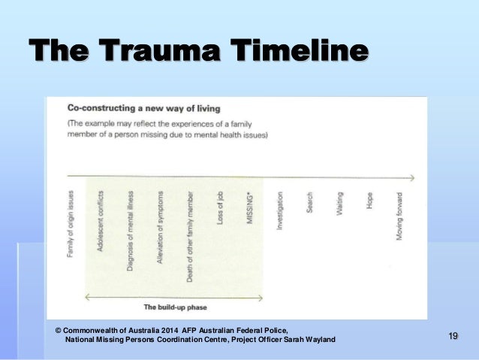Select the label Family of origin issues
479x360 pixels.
click(x=71, y=223)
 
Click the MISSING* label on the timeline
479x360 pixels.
click(x=250, y=206)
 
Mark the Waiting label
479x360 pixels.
click(x=339, y=204)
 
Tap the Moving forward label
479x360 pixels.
click(x=399, y=216)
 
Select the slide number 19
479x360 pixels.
click(x=453, y=335)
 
